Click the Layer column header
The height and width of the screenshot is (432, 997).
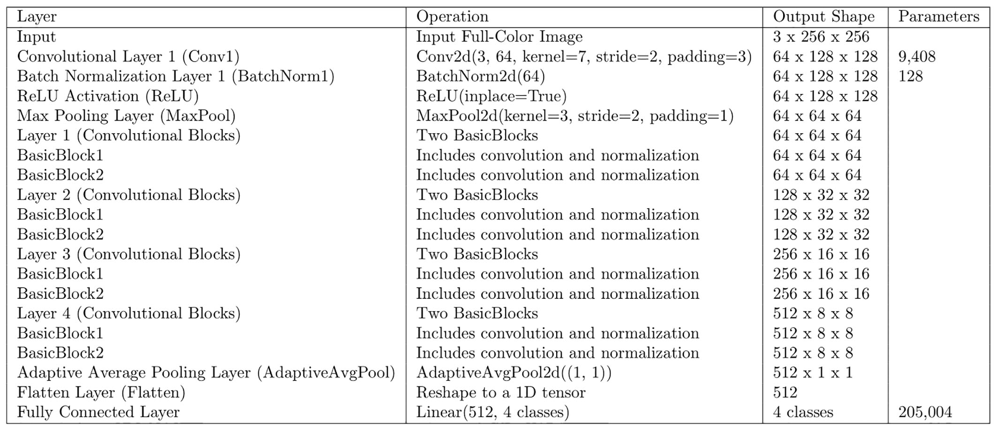coord(37,17)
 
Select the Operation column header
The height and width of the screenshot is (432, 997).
coord(452,17)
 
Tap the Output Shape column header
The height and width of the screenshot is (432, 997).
coord(823,17)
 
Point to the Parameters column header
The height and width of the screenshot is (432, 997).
coord(938,17)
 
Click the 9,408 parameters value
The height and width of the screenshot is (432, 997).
coord(917,57)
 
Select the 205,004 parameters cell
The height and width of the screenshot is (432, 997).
coord(925,412)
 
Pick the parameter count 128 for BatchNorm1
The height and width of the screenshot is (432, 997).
coord(910,76)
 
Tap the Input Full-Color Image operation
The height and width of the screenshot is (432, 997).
coord(499,37)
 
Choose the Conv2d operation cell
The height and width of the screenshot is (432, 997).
coord(584,57)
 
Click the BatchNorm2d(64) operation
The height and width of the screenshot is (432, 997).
coord(480,76)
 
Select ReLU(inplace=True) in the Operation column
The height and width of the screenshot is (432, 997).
coord(491,96)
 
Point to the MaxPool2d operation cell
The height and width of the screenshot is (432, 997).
coord(574,116)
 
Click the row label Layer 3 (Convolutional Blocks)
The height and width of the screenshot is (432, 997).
coord(128,254)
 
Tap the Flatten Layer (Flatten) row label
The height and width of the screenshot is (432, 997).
coord(101,393)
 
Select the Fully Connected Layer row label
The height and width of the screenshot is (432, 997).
coord(98,412)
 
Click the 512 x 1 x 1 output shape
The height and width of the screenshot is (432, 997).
coord(812,373)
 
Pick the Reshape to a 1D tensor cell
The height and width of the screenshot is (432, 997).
coord(500,393)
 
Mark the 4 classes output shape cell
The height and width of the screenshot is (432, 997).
coord(803,412)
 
